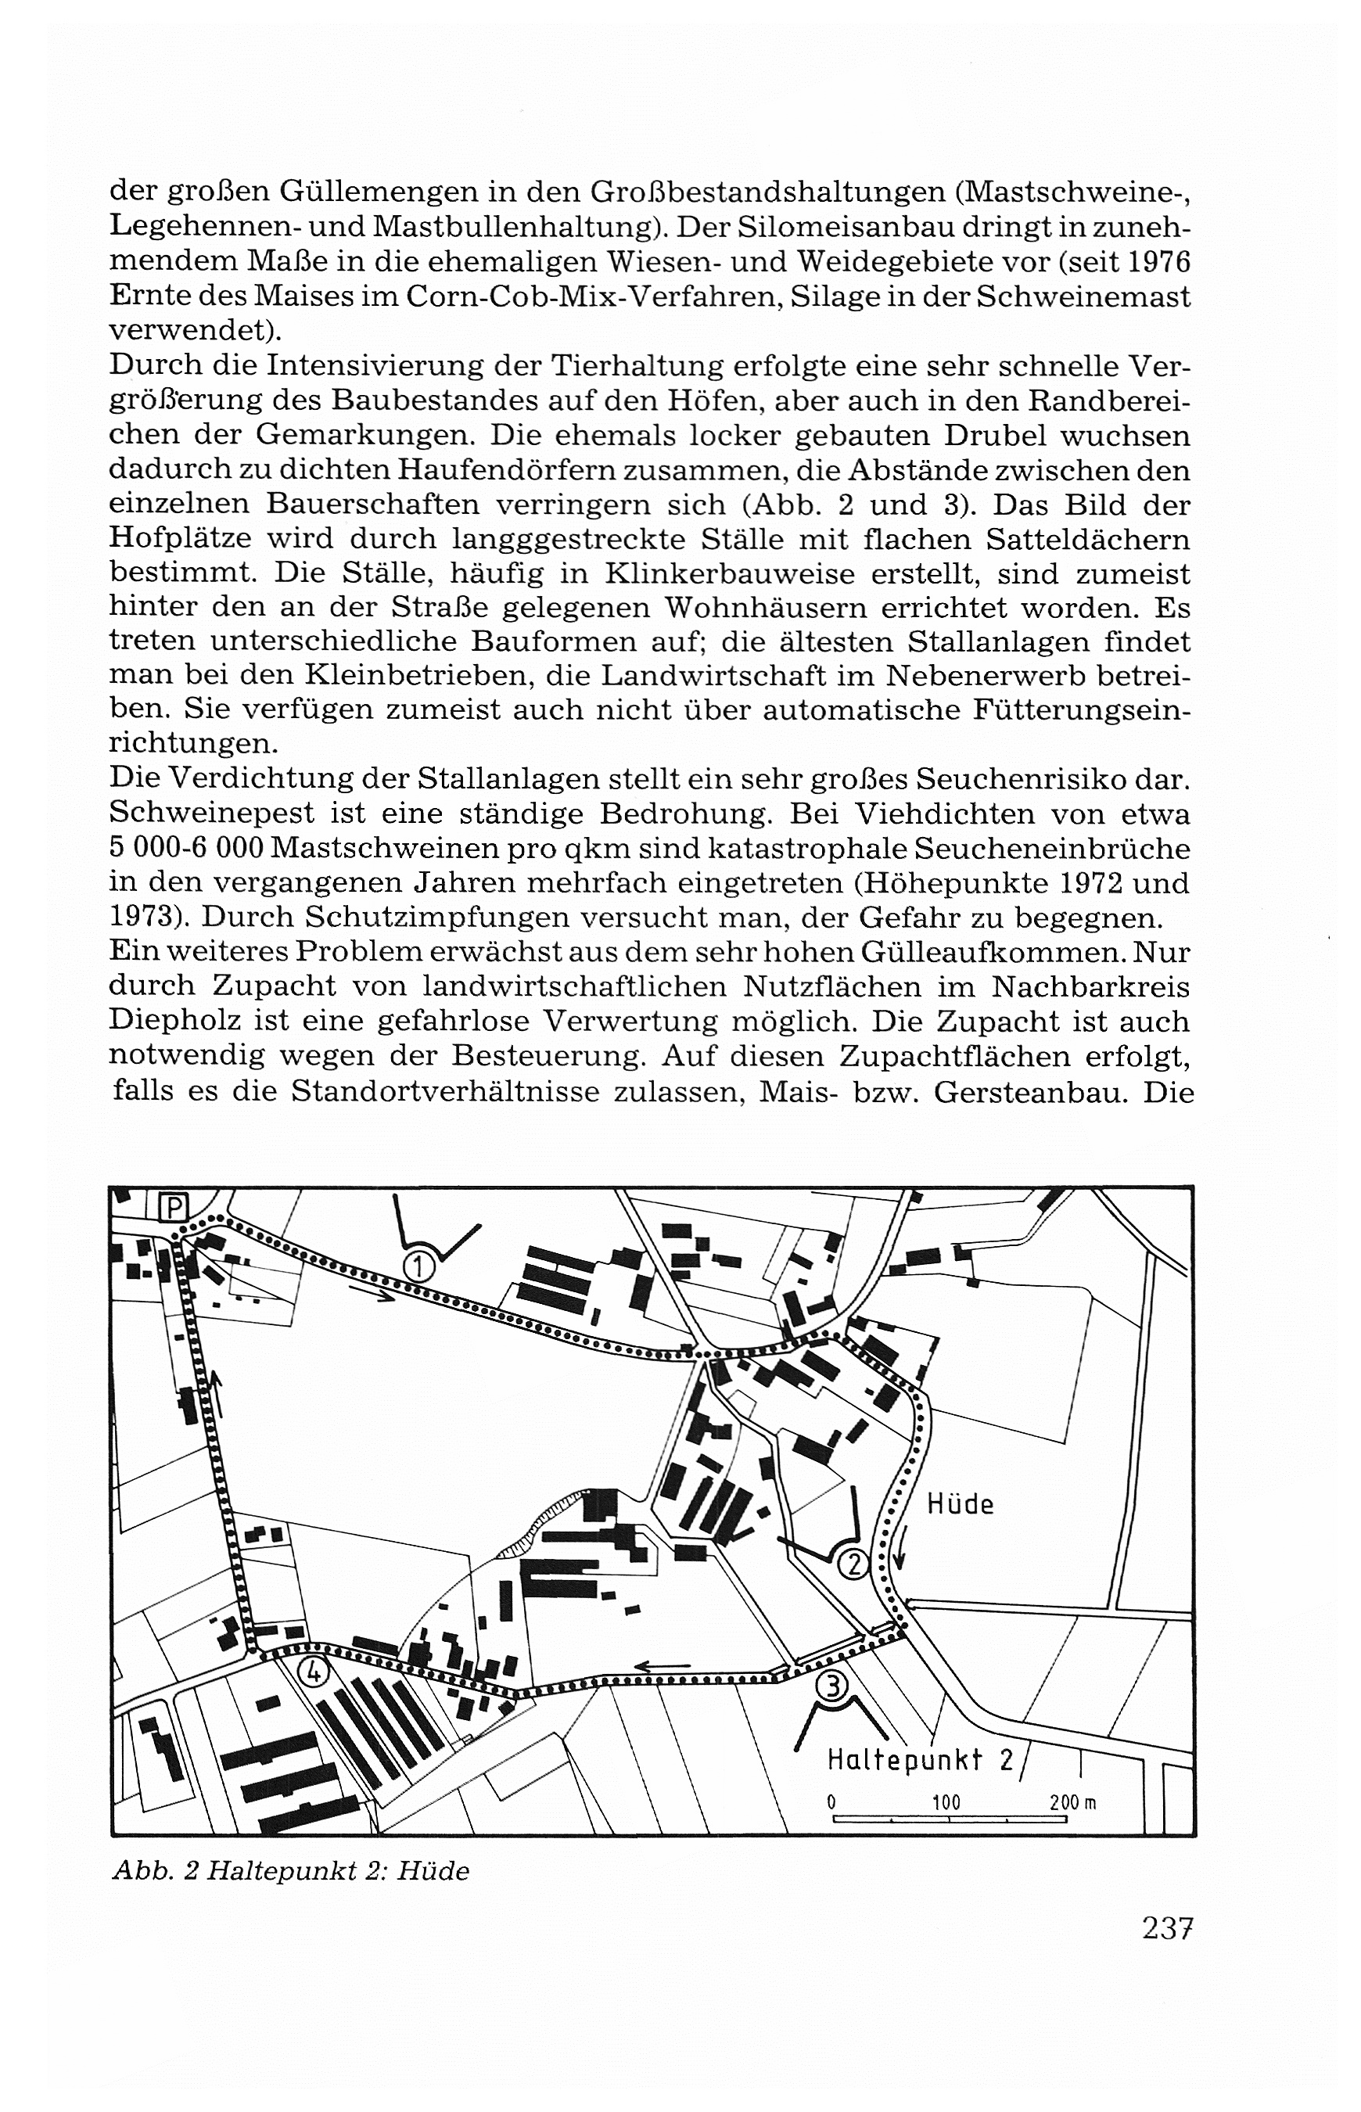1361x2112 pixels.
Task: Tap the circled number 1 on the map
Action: click(x=420, y=1267)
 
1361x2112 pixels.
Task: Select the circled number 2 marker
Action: click(x=853, y=1564)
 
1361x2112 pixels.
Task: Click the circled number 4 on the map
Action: click(x=314, y=1671)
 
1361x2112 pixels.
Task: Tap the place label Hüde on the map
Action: click(x=960, y=1504)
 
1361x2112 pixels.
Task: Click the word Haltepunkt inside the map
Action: click(x=904, y=1758)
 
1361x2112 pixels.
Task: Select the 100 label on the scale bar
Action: click(x=946, y=1801)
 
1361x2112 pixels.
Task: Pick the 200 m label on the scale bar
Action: click(x=1073, y=1801)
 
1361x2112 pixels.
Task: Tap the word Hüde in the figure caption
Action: click(x=433, y=1871)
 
